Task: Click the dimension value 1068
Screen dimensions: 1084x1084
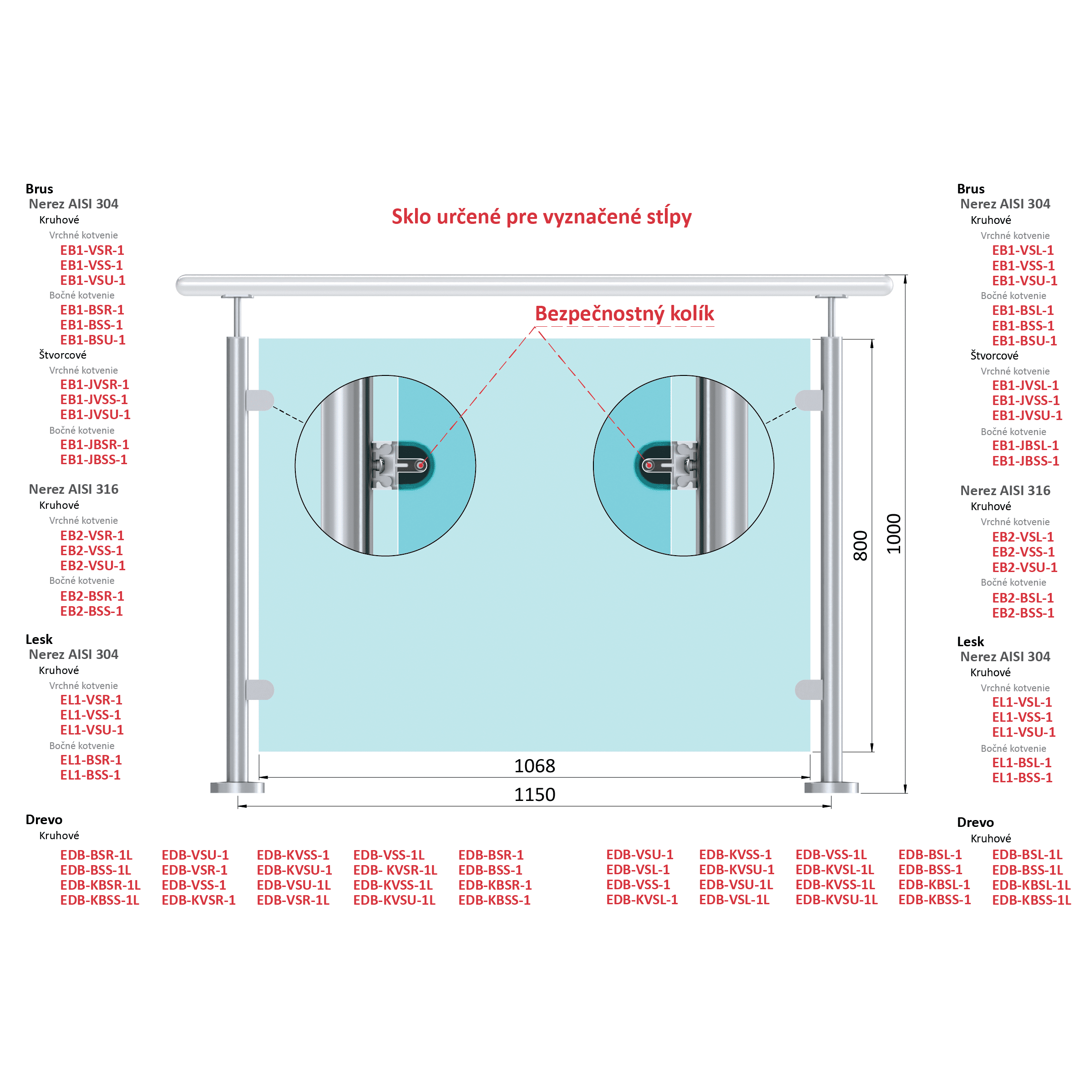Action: [x=534, y=766]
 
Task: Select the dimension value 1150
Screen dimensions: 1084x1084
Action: [x=534, y=795]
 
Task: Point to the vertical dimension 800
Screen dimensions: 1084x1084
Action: [x=860, y=545]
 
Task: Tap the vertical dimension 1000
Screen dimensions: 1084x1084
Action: [x=893, y=534]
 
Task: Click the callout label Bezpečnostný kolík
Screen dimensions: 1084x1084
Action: [x=624, y=314]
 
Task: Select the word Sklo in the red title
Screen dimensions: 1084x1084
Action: [x=411, y=216]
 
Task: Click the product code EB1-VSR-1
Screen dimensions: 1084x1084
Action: [x=92, y=250]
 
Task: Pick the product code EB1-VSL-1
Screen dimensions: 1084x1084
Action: [x=1023, y=250]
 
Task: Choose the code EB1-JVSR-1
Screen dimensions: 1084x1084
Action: [x=94, y=385]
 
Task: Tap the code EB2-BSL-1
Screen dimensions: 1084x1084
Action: [x=1023, y=598]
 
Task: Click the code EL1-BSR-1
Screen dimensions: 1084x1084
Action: [x=91, y=760]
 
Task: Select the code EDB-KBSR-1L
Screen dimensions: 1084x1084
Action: [x=100, y=885]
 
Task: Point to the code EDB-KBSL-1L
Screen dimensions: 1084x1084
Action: [x=1031, y=885]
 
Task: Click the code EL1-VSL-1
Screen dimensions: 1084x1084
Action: [x=1022, y=702]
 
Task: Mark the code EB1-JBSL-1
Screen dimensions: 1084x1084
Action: [x=1025, y=446]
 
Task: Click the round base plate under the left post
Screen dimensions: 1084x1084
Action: [x=238, y=787]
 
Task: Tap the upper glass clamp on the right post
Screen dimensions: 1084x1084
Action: [x=809, y=400]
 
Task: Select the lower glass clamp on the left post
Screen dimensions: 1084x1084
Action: [x=260, y=689]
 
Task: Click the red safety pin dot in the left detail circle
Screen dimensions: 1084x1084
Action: [x=420, y=465]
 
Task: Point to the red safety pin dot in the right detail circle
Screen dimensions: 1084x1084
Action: [x=648, y=465]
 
